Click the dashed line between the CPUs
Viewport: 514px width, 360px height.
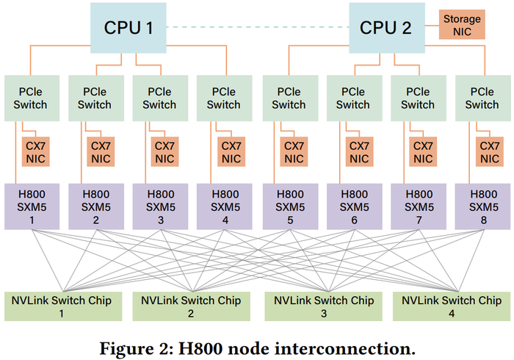tap(258, 28)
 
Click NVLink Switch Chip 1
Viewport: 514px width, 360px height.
tap(63, 306)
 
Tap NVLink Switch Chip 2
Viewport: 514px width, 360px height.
tap(192, 306)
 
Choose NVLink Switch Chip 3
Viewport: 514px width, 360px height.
tap(324, 306)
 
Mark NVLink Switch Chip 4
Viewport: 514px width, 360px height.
tap(452, 306)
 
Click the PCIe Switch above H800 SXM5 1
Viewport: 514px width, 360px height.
tap(29, 98)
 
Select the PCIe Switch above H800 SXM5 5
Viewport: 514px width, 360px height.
tap(289, 98)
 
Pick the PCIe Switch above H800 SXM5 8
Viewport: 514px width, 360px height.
tap(482, 98)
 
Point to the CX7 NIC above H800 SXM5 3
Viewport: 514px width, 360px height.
tap(164, 152)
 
